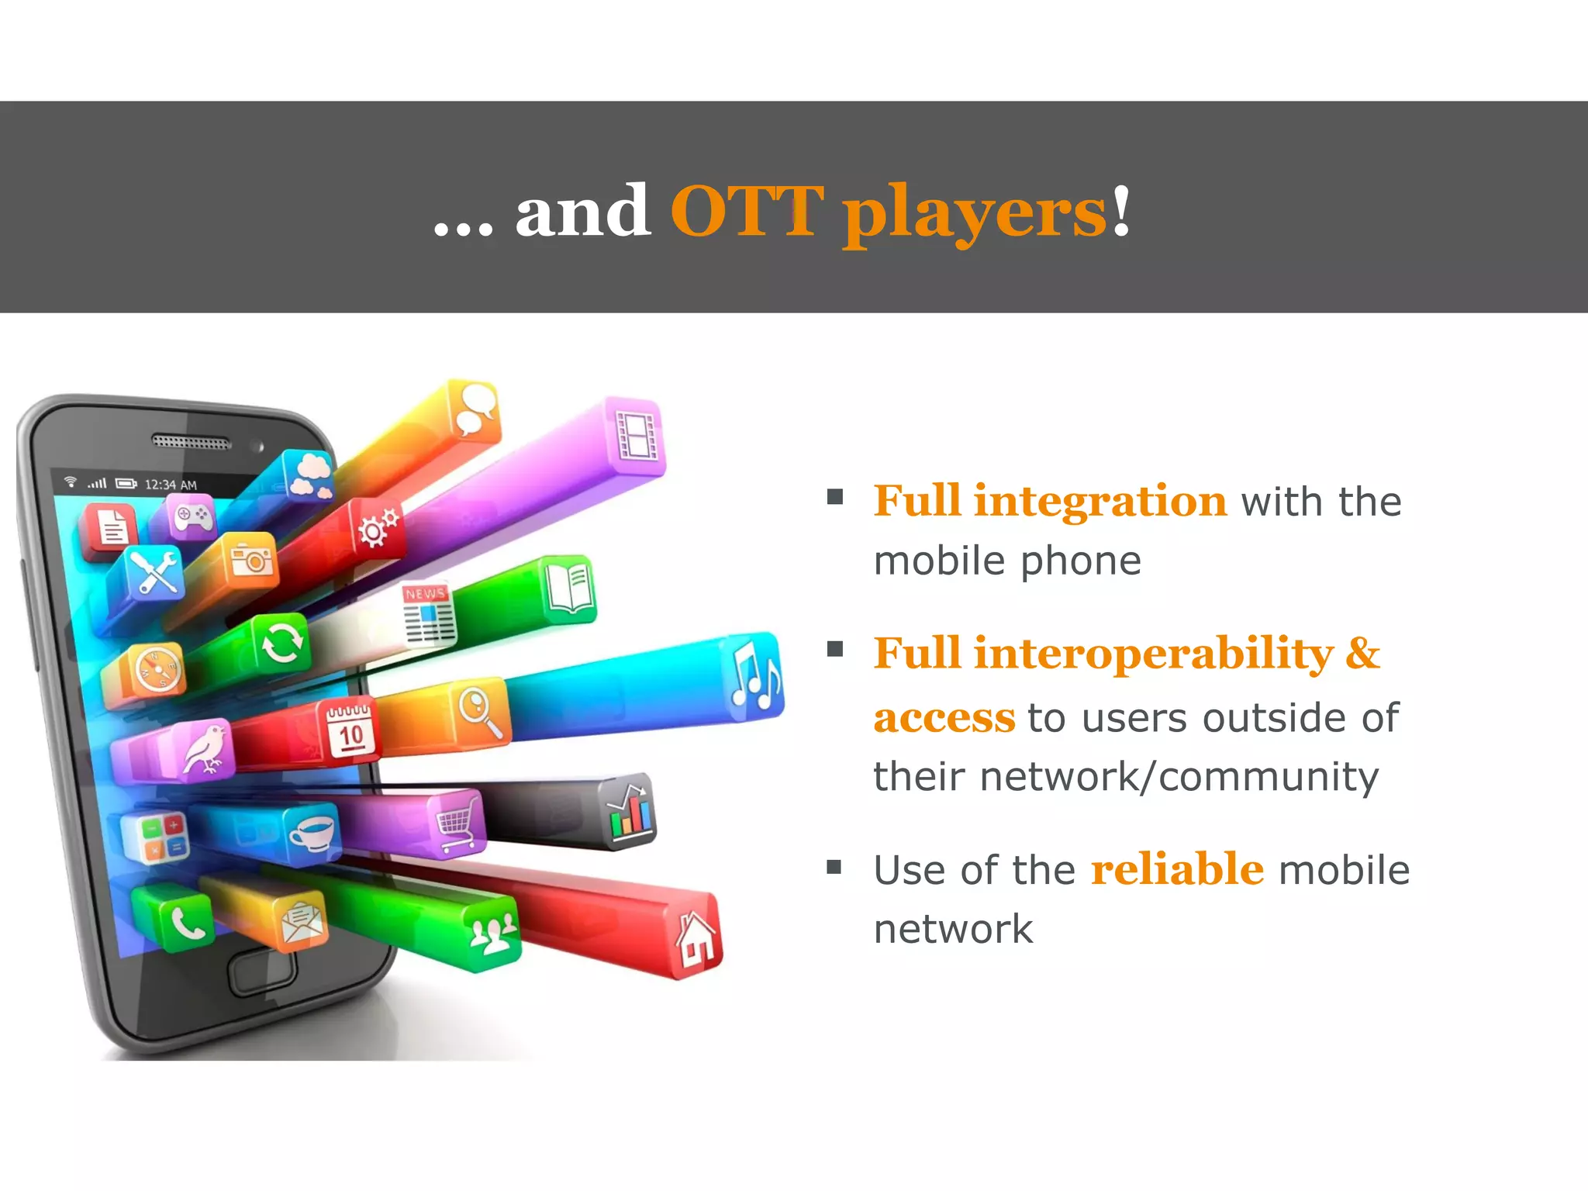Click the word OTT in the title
[x=746, y=211]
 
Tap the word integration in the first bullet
[x=1100, y=501]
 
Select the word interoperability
[x=1154, y=653]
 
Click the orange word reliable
[x=1177, y=869]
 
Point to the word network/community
[x=1126, y=776]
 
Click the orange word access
[x=944, y=717]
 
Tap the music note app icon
[x=754, y=675]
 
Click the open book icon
[x=570, y=589]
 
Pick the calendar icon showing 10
[x=350, y=730]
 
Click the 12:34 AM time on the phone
[x=171, y=485]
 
